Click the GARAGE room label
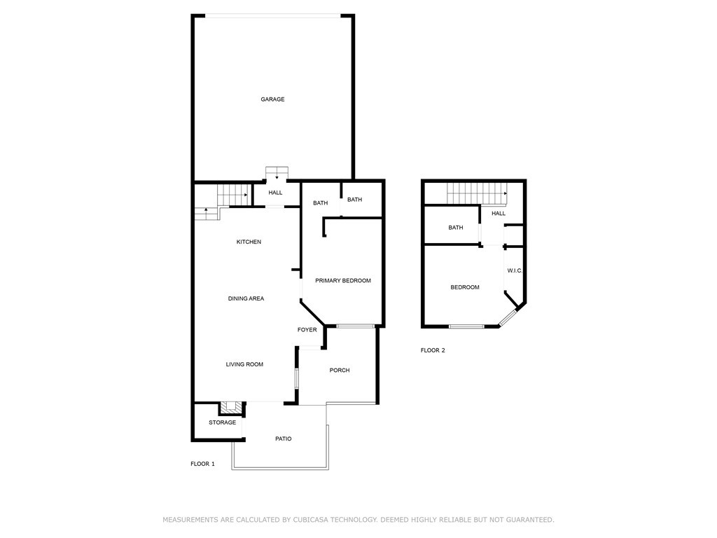[272, 99]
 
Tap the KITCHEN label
[249, 242]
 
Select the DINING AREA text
[246, 298]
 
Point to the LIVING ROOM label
[244, 364]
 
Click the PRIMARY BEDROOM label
[342, 281]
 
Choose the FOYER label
[307, 330]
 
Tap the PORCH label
[340, 371]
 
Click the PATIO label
[283, 439]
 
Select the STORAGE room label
[222, 422]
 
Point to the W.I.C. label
[515, 271]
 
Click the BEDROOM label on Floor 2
[465, 287]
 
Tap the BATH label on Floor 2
[456, 228]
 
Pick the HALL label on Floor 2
[499, 214]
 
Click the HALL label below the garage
[275, 193]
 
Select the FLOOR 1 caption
[202, 464]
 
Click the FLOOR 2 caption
[433, 350]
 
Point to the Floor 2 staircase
[477, 190]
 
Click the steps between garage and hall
[277, 172]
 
